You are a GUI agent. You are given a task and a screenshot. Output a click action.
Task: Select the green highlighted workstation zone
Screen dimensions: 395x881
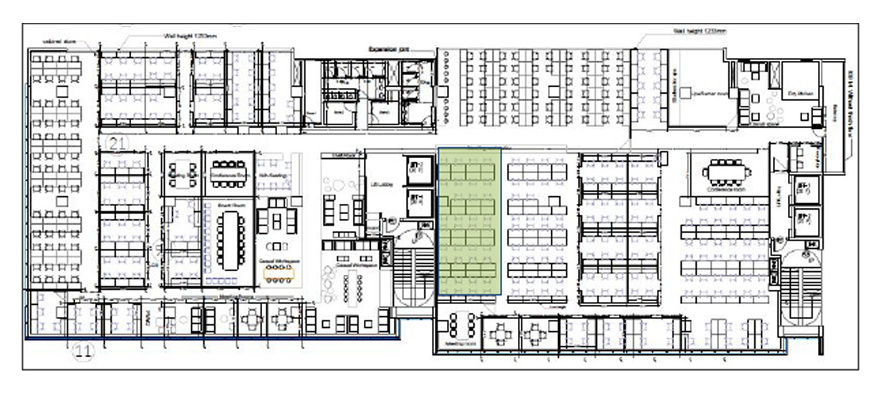pyautogui.click(x=469, y=222)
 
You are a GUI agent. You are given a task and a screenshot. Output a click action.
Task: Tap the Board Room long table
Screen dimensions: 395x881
pyautogui.click(x=229, y=240)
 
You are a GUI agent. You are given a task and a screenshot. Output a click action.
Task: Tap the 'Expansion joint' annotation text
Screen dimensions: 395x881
pyautogui.click(x=387, y=51)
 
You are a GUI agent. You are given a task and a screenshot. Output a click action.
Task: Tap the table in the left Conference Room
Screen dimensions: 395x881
pyautogui.click(x=228, y=172)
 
